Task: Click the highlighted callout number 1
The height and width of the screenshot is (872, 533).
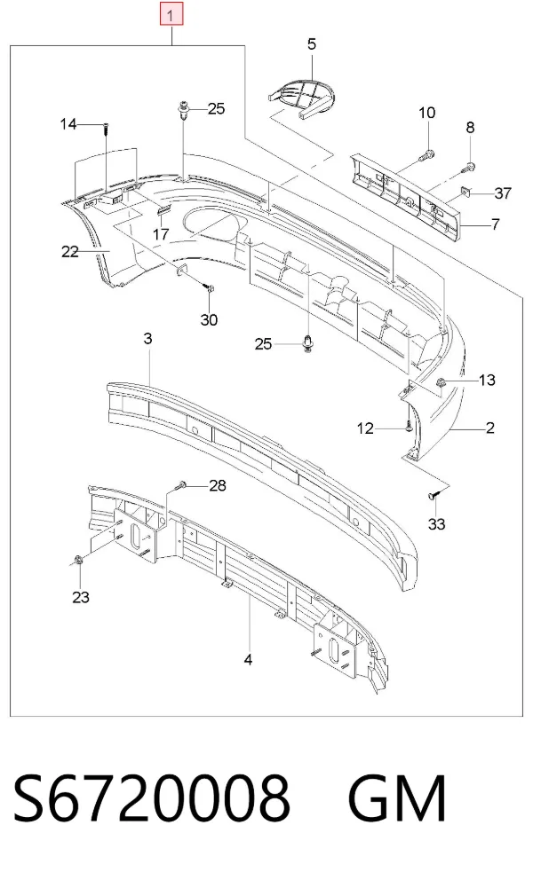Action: point(171,14)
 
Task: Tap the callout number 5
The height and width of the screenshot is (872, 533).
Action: point(311,44)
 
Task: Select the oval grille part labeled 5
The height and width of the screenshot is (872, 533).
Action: point(300,98)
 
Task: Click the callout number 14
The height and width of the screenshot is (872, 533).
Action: point(68,123)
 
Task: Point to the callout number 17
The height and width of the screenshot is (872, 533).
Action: point(161,233)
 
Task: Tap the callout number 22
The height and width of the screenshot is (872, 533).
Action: point(70,252)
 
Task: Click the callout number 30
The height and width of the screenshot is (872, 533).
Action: point(209,319)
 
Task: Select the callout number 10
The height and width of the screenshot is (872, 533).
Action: point(426,113)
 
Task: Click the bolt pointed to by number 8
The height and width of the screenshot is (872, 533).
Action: point(468,166)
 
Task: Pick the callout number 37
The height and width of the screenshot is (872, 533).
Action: point(503,193)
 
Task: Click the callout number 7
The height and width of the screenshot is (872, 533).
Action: point(495,224)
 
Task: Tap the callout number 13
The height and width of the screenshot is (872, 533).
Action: point(487,380)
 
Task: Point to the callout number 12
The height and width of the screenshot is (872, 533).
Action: point(365,428)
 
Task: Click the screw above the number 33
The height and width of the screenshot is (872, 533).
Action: point(435,494)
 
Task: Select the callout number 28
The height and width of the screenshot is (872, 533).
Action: point(218,485)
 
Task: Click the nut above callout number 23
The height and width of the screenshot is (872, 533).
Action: point(78,560)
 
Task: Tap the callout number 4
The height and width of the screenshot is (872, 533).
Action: point(249,660)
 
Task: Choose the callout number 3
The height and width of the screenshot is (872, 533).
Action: point(147,338)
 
